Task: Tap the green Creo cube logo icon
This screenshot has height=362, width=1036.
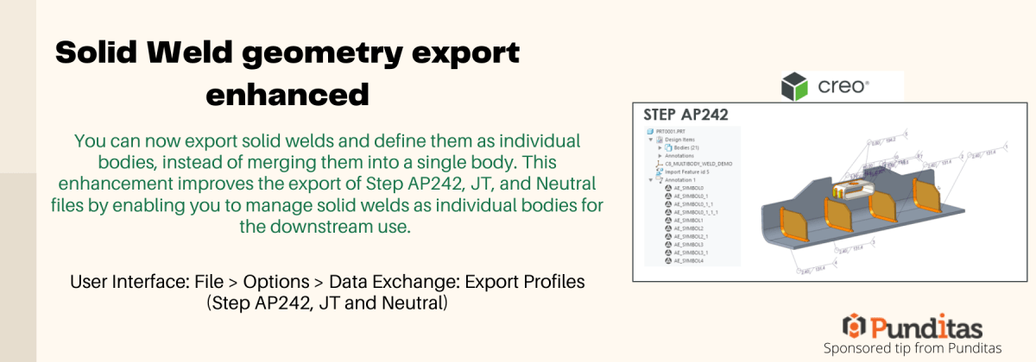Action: [794, 86]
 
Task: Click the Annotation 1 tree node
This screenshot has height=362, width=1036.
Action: [683, 179]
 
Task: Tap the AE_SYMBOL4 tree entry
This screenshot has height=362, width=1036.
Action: [688, 259]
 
